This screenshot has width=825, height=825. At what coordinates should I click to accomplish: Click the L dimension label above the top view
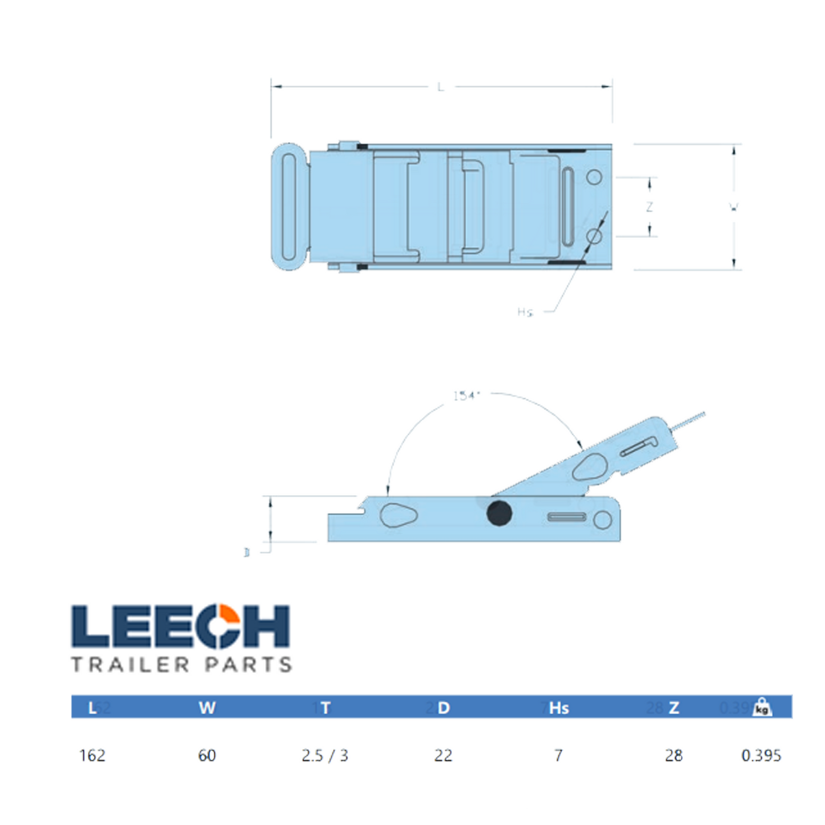(440, 87)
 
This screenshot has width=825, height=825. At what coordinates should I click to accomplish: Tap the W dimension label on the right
(734, 207)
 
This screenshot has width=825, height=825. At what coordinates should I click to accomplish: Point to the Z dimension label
(649, 207)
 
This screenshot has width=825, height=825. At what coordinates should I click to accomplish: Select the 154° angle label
(466, 395)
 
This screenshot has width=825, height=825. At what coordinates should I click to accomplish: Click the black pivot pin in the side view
(499, 513)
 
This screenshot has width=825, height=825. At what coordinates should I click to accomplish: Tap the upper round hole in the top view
(594, 177)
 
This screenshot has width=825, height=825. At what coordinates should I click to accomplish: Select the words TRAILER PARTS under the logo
(182, 665)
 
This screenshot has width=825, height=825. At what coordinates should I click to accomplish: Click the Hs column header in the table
(558, 708)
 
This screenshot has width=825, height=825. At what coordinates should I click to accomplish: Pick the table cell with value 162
(92, 755)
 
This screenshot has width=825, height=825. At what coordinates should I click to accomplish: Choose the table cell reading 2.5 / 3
(325, 755)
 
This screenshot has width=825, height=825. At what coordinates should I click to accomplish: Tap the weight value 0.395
(760, 755)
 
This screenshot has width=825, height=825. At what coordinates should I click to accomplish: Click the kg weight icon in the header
(762, 707)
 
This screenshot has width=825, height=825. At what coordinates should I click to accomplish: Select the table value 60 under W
(207, 755)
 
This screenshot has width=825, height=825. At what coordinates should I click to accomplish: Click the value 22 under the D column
(443, 755)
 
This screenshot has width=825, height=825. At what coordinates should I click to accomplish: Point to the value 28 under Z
(674, 755)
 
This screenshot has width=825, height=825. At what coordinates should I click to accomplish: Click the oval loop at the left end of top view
(290, 207)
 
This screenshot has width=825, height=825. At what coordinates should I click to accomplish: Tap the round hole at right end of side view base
(602, 520)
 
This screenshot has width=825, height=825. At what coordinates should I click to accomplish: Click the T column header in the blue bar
(325, 708)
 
